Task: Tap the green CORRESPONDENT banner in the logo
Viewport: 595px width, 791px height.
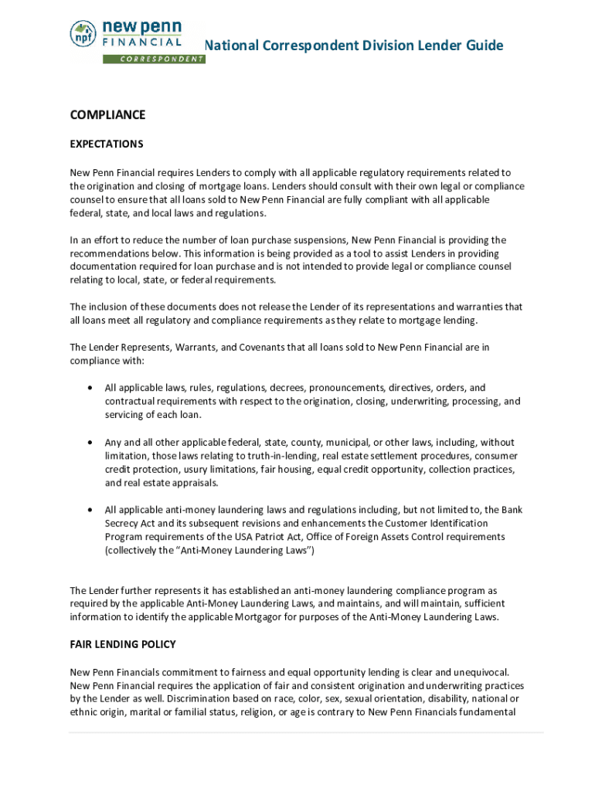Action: point(154,59)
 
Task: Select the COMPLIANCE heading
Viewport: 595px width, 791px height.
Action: point(107,115)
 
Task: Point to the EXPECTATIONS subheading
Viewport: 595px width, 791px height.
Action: point(107,144)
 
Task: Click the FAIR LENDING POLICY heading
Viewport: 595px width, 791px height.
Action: point(123,644)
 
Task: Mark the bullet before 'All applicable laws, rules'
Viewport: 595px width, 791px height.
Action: point(93,388)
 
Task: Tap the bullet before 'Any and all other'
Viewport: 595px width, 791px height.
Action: point(93,443)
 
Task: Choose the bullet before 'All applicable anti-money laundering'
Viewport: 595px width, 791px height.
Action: point(93,510)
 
